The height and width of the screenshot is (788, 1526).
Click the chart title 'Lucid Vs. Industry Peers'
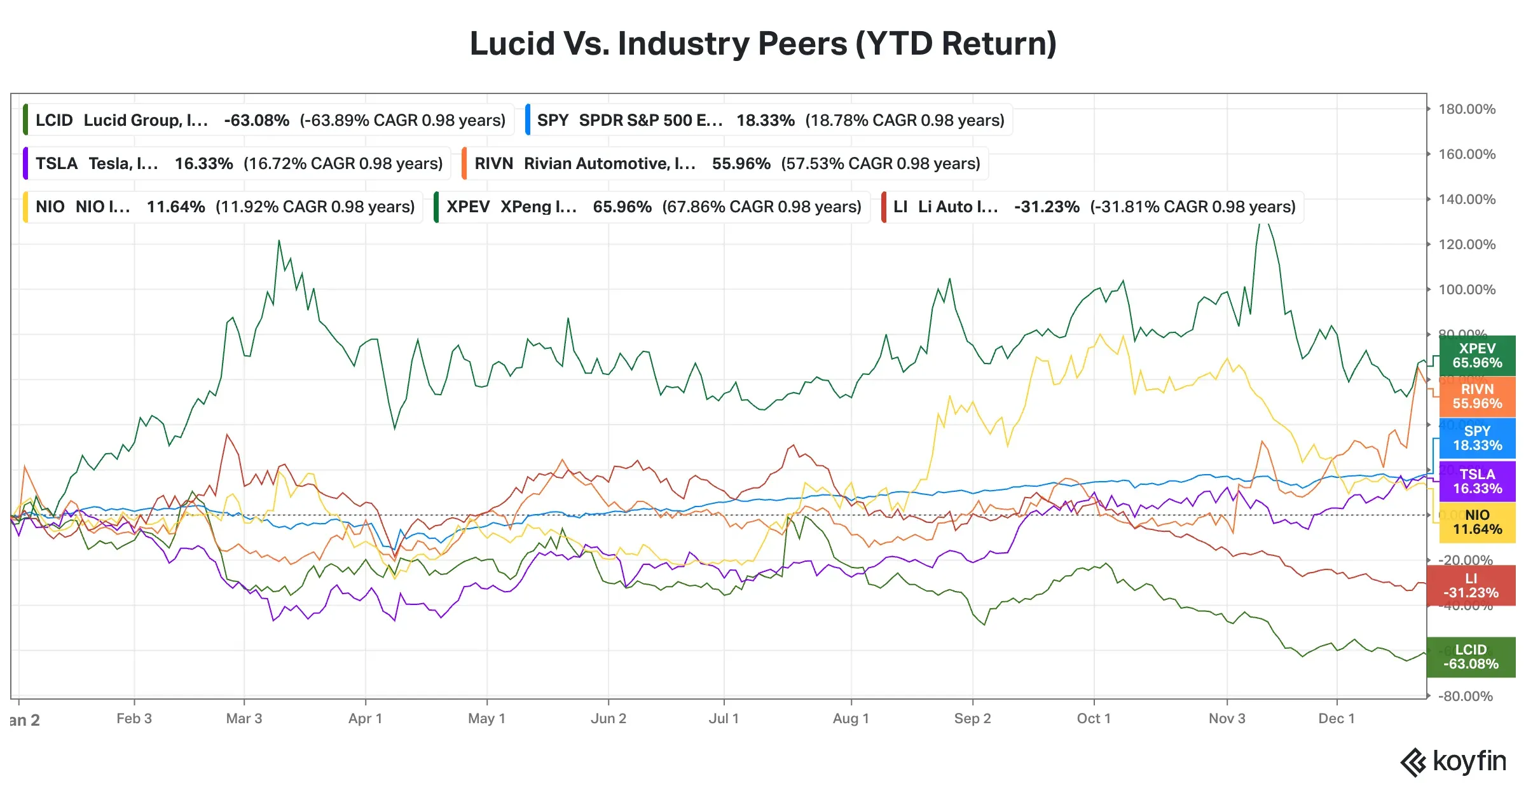click(x=762, y=44)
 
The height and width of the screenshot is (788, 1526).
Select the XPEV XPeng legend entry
click(x=652, y=207)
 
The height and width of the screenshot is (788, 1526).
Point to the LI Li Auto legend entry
click(x=1093, y=207)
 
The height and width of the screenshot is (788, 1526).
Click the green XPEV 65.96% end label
click(x=1476, y=356)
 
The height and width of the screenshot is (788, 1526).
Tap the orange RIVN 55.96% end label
click(x=1476, y=397)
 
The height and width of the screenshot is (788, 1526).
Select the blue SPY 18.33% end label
click(x=1476, y=438)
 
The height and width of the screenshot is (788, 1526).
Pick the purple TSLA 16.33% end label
click(x=1476, y=482)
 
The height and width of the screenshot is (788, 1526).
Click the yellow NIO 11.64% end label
click(x=1476, y=522)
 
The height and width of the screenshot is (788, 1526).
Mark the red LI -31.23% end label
click(x=1470, y=586)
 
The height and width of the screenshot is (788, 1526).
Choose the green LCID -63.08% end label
click(x=1470, y=657)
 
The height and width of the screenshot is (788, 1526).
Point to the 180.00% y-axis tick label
click(x=1466, y=109)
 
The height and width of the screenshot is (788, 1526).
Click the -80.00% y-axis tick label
click(x=1465, y=696)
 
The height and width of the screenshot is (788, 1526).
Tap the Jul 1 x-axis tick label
click(x=724, y=719)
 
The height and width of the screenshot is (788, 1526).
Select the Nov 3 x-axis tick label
click(x=1227, y=719)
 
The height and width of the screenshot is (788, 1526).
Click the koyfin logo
click(x=1454, y=762)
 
